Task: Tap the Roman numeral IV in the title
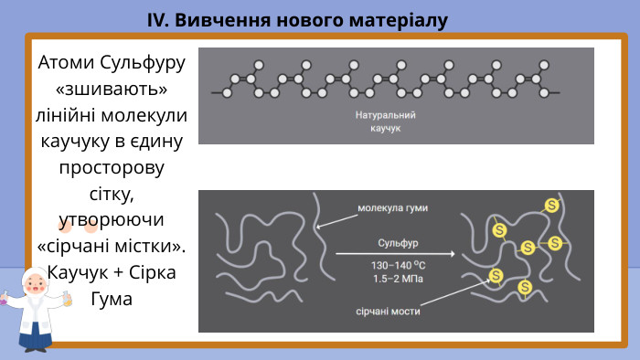pos(157,19)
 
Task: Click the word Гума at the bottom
pos(112,299)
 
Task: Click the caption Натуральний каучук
pos(386,122)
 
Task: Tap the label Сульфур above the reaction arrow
pos(398,243)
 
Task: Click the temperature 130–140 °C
pos(397,265)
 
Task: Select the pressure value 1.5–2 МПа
pos(397,278)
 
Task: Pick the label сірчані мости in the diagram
pos(388,312)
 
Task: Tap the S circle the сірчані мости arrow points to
pos(496,274)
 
